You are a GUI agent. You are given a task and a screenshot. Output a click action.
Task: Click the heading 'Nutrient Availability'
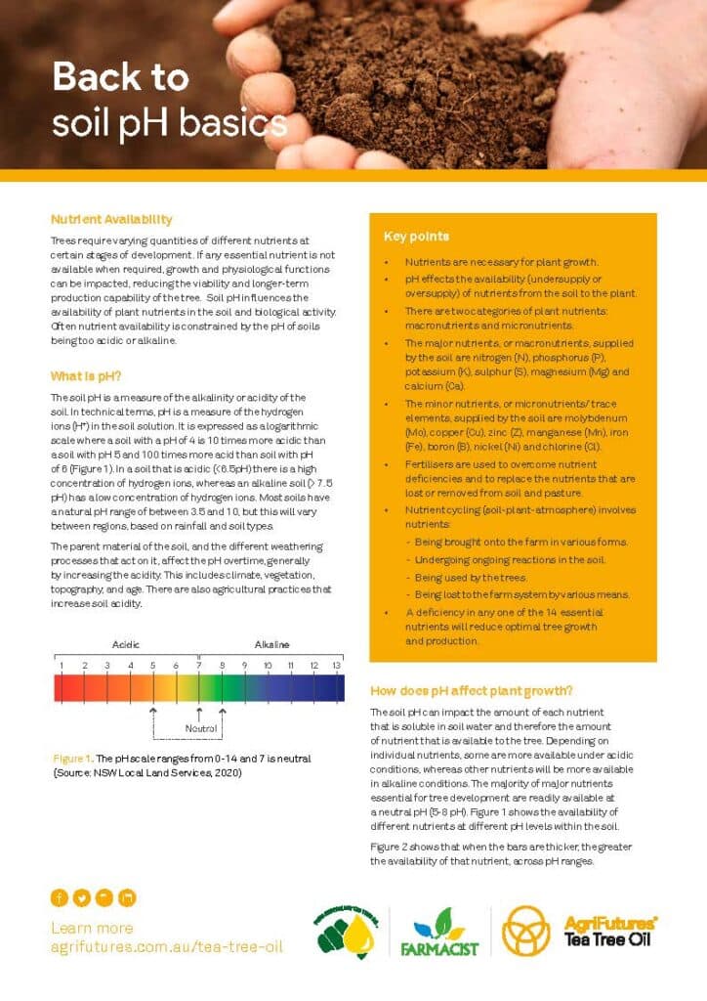coord(111,220)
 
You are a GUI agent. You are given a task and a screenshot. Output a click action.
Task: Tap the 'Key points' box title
coord(417,237)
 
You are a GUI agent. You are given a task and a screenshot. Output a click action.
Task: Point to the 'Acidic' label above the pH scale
coord(127,645)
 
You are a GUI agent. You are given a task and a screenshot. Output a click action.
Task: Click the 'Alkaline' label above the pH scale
coord(272,645)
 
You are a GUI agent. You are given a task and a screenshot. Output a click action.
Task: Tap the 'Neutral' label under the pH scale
coord(200,728)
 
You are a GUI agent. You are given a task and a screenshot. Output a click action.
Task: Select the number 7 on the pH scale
coord(199,666)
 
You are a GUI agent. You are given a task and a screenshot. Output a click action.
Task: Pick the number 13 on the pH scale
coord(337,666)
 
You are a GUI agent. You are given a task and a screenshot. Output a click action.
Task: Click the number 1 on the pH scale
coord(61,666)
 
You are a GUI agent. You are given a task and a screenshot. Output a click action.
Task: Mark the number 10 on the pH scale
coord(268,666)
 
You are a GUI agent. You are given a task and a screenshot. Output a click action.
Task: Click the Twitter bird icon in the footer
coord(81,897)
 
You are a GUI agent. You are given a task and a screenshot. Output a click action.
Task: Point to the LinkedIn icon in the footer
coord(127,897)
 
